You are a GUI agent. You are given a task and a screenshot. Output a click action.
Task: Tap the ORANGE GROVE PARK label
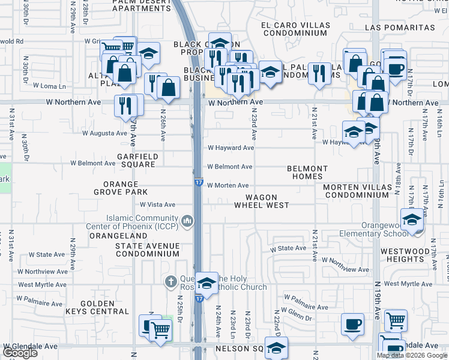pyautogui.click(x=120, y=188)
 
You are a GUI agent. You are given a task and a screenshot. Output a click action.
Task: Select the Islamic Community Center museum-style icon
pyautogui.click(x=188, y=222)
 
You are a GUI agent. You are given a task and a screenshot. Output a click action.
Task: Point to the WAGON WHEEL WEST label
pyautogui.click(x=261, y=201)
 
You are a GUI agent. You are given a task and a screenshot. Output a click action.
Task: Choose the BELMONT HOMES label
pyautogui.click(x=307, y=173)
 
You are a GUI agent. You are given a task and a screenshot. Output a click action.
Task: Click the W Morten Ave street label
pyautogui.click(x=228, y=185)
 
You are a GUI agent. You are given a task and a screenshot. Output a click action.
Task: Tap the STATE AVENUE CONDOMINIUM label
pyautogui.click(x=147, y=250)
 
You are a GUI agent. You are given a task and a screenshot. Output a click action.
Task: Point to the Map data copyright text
pyautogui.click(x=412, y=356)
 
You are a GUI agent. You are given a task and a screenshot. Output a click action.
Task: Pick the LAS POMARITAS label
pyautogui.click(x=399, y=28)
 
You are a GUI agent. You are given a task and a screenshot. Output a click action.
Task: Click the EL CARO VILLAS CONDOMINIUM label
pyautogui.click(x=295, y=29)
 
